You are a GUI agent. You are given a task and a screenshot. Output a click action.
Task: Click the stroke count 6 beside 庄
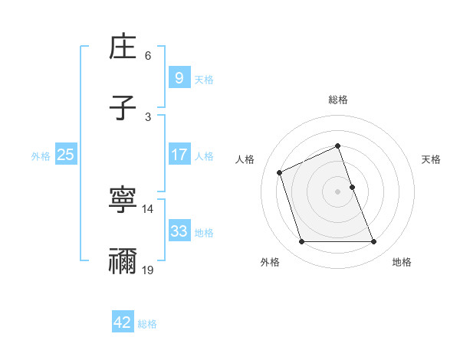point(148,56)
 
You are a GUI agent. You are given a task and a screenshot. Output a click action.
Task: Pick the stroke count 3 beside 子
point(148,116)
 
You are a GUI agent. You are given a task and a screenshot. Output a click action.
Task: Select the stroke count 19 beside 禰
point(148,270)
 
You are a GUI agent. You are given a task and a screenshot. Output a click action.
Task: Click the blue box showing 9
point(179,77)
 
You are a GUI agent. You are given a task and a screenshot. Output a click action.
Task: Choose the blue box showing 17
point(179,155)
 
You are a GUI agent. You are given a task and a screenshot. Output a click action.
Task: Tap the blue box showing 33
point(179,231)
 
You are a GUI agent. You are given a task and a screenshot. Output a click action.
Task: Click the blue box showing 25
point(65,155)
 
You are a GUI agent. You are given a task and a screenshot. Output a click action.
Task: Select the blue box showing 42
point(123,322)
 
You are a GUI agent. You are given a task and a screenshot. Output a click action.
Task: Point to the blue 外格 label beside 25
point(41,156)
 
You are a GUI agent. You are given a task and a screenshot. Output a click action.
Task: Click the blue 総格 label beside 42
point(147,324)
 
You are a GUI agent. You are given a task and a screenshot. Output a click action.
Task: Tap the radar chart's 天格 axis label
point(431,159)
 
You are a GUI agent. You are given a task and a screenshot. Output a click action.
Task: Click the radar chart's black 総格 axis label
point(338,100)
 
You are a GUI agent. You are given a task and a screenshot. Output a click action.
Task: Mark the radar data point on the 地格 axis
point(374,242)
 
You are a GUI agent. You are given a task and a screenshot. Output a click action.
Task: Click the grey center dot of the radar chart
point(338,191)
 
